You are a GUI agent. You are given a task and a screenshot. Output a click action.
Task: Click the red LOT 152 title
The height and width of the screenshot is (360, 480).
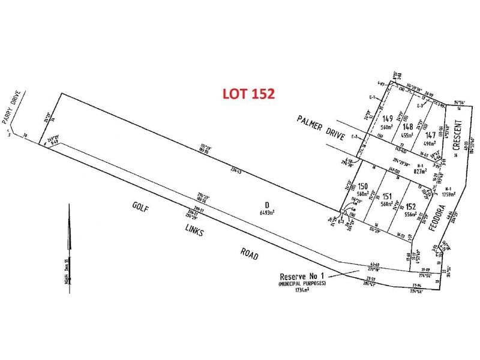tap(248, 94)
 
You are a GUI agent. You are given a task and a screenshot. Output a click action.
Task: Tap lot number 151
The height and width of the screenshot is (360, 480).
tap(387, 196)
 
